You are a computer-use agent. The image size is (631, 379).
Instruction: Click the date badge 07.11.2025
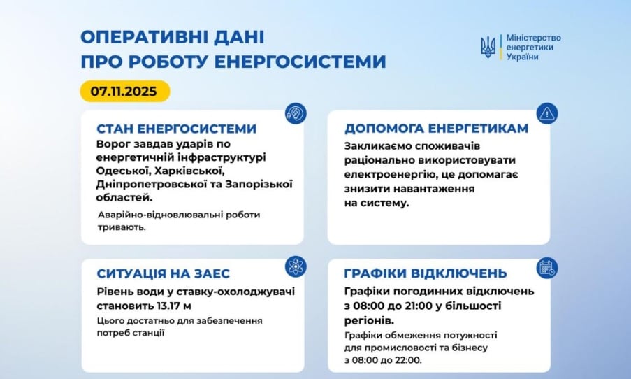click(x=124, y=91)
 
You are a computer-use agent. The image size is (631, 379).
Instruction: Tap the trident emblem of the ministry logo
click(x=488, y=48)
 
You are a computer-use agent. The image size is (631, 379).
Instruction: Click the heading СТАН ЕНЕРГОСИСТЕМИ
click(x=176, y=129)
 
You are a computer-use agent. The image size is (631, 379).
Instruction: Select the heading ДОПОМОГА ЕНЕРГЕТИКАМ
click(x=436, y=129)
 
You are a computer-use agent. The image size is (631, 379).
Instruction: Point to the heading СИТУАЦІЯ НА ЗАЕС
click(x=164, y=273)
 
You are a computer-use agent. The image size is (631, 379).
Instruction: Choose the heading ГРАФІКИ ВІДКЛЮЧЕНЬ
click(x=425, y=273)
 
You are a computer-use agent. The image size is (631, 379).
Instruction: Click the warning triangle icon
click(x=546, y=113)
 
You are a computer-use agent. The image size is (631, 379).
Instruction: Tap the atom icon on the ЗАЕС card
click(x=295, y=266)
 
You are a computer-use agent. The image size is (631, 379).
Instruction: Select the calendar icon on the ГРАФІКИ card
click(x=546, y=267)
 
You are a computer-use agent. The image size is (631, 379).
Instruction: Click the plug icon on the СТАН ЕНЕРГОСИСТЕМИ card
click(x=295, y=113)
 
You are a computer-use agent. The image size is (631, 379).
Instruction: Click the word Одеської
click(x=122, y=171)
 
